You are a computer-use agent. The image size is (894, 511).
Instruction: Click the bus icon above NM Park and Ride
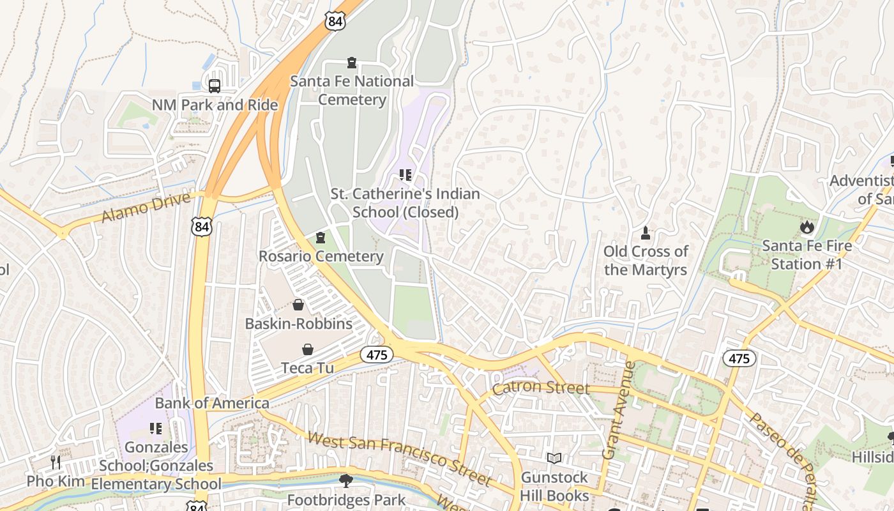215,86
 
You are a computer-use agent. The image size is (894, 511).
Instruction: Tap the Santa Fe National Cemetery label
352,90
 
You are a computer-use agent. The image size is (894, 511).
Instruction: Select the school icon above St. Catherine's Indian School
405,174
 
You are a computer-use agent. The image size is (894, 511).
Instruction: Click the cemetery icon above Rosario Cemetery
321,238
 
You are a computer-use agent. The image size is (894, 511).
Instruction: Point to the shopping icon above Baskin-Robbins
298,305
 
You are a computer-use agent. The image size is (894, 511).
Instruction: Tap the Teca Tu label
307,368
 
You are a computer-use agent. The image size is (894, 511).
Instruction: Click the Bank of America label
212,403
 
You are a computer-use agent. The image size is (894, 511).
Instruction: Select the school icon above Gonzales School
156,428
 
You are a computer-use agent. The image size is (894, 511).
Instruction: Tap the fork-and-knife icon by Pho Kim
56,462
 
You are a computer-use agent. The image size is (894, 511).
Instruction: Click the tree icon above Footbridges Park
346,480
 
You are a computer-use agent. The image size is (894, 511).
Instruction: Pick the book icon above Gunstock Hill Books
554,459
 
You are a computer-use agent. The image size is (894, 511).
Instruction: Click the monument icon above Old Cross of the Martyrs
645,233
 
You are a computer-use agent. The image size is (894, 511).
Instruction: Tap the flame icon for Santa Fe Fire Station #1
807,227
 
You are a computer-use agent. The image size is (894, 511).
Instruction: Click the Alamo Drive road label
146,208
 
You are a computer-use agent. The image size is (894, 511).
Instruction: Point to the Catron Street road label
540,387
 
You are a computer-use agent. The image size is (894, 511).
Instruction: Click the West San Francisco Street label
400,458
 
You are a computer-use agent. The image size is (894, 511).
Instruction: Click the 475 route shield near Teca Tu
377,355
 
